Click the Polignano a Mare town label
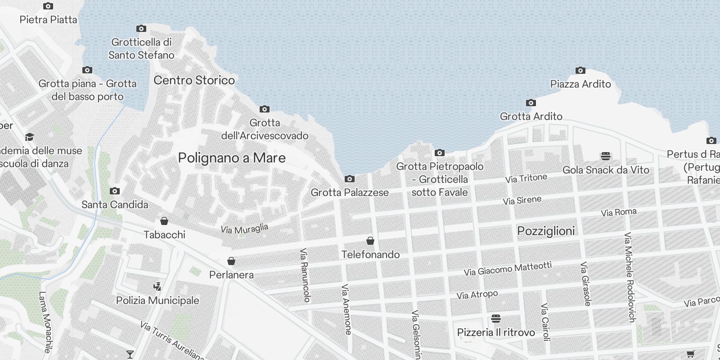[232, 158]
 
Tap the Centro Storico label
[194, 80]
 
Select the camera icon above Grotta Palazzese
[349, 179]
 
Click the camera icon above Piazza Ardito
[580, 70]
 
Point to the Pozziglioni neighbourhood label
[546, 231]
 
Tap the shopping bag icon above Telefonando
[370, 241]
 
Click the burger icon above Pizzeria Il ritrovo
[496, 319]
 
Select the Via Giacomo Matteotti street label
[508, 269]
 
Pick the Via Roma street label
[619, 212]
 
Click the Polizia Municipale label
[157, 300]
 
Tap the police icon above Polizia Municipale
[157, 286]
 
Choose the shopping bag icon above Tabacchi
[164, 221]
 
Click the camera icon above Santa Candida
[115, 191]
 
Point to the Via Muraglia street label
[244, 229]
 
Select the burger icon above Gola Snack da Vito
[606, 156]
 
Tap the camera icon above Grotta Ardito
[531, 103]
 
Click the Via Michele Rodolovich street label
[630, 277]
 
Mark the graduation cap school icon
[29, 137]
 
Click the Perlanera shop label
[231, 274]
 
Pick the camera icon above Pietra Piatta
[48, 6]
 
